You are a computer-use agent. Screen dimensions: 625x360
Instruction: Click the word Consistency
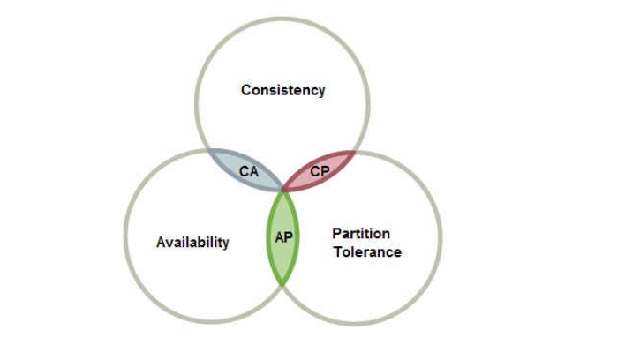pyautogui.click(x=282, y=90)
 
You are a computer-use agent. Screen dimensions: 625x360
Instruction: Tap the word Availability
pyautogui.click(x=192, y=242)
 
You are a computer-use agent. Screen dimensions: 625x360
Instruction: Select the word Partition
pyautogui.click(x=361, y=234)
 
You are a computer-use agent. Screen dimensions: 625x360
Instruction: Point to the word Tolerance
pyautogui.click(x=366, y=251)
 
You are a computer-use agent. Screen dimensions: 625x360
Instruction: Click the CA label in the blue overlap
pyautogui.click(x=249, y=171)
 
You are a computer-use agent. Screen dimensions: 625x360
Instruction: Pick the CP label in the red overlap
pyautogui.click(x=320, y=171)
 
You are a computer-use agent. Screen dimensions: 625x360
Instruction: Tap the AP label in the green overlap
pyautogui.click(x=283, y=237)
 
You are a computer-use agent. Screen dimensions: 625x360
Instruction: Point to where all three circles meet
pyautogui.click(x=282, y=190)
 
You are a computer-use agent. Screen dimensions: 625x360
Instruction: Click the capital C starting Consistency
pyautogui.click(x=246, y=90)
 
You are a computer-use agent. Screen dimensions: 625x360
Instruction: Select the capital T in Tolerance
pyautogui.click(x=337, y=251)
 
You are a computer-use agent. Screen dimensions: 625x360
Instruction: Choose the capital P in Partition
pyautogui.click(x=336, y=234)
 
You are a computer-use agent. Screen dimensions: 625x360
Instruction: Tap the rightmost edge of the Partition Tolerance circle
pyautogui.click(x=441, y=238)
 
